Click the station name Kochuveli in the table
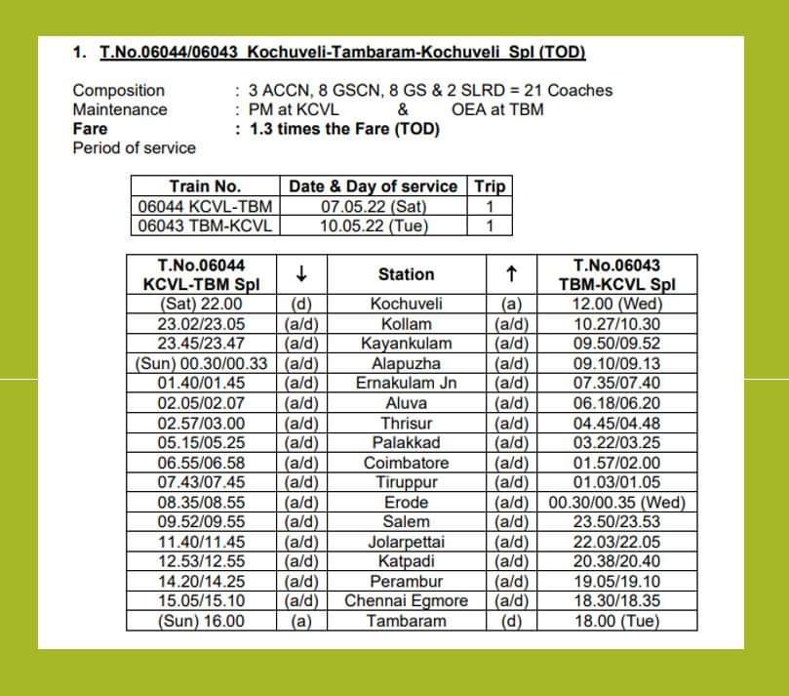click(x=406, y=304)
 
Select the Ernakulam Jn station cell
click(x=406, y=383)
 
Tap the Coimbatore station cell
click(x=406, y=463)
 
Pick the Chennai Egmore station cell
click(x=406, y=601)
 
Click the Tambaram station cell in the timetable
click(x=406, y=621)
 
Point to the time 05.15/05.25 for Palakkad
click(x=201, y=442)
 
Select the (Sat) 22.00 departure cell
click(x=201, y=304)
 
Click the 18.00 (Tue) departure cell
click(x=616, y=621)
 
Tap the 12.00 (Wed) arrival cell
click(x=616, y=304)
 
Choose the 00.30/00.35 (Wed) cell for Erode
click(x=616, y=502)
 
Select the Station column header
click(x=406, y=274)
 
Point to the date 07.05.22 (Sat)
click(x=374, y=206)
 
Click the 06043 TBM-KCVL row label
click(x=205, y=225)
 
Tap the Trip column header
click(x=490, y=185)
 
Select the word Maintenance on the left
click(x=120, y=109)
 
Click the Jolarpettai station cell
click(x=406, y=542)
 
